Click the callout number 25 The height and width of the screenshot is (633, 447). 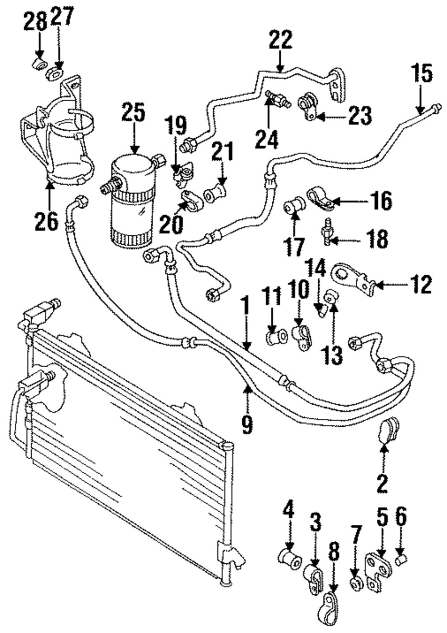pyautogui.click(x=134, y=113)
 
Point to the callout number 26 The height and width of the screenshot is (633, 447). pyautogui.click(x=46, y=221)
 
